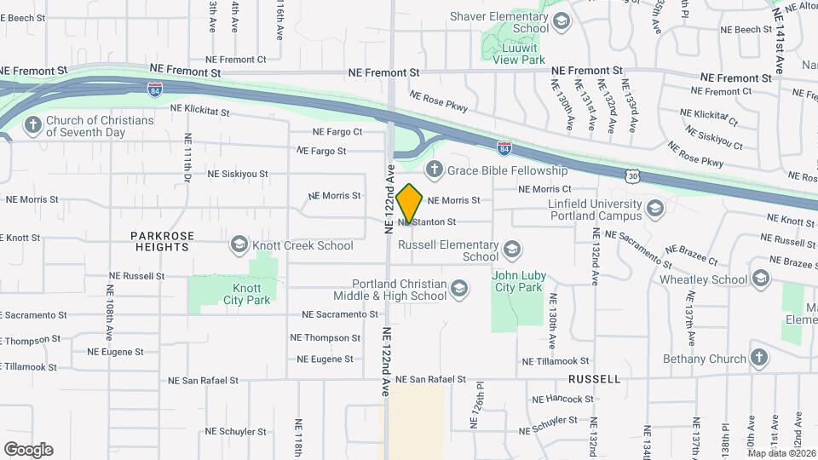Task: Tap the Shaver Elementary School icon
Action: (x=561, y=21)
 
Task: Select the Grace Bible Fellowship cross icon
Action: (x=434, y=170)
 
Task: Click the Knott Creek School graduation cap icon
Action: (x=239, y=245)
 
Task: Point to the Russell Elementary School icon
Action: (x=511, y=250)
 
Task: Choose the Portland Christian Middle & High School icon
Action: (x=460, y=290)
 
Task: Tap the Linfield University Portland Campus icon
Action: (x=654, y=209)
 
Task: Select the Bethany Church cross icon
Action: (x=758, y=359)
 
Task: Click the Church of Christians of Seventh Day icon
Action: (x=32, y=126)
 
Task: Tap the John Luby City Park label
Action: (x=517, y=281)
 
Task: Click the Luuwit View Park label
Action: (x=517, y=54)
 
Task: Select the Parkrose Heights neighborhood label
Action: (x=162, y=241)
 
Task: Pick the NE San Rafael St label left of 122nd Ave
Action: (x=203, y=380)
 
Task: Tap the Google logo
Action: (x=28, y=450)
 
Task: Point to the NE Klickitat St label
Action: (x=201, y=108)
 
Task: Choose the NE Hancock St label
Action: (x=562, y=399)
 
